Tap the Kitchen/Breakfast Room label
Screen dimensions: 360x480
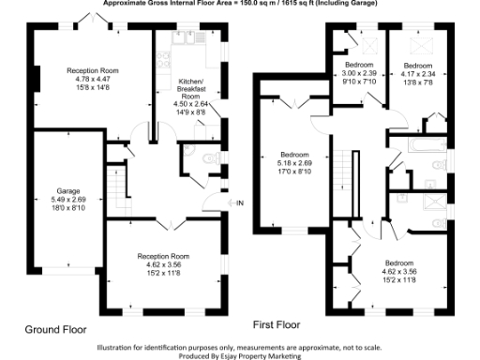coord(190,89)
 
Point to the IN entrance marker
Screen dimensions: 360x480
coord(239,203)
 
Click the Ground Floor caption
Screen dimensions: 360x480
coord(55,330)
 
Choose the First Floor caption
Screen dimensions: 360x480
coord(277,324)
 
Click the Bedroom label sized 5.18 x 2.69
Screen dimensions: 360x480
coord(294,154)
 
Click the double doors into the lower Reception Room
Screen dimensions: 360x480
coord(164,222)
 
